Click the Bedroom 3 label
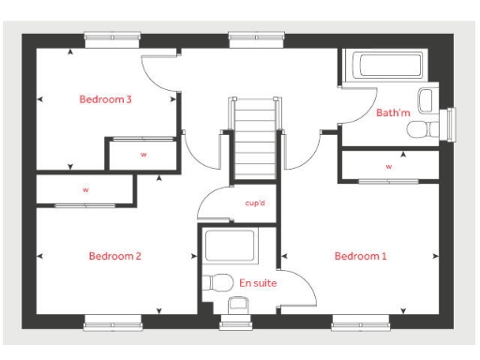[x=104, y=98]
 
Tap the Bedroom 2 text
[x=114, y=255]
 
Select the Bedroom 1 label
[x=360, y=255]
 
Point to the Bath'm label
[x=393, y=113]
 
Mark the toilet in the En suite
[x=218, y=281]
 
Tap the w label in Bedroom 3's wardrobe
[x=143, y=156]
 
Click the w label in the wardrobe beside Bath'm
[x=388, y=166]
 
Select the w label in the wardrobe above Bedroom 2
[x=85, y=189]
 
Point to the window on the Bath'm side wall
[x=454, y=122]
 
